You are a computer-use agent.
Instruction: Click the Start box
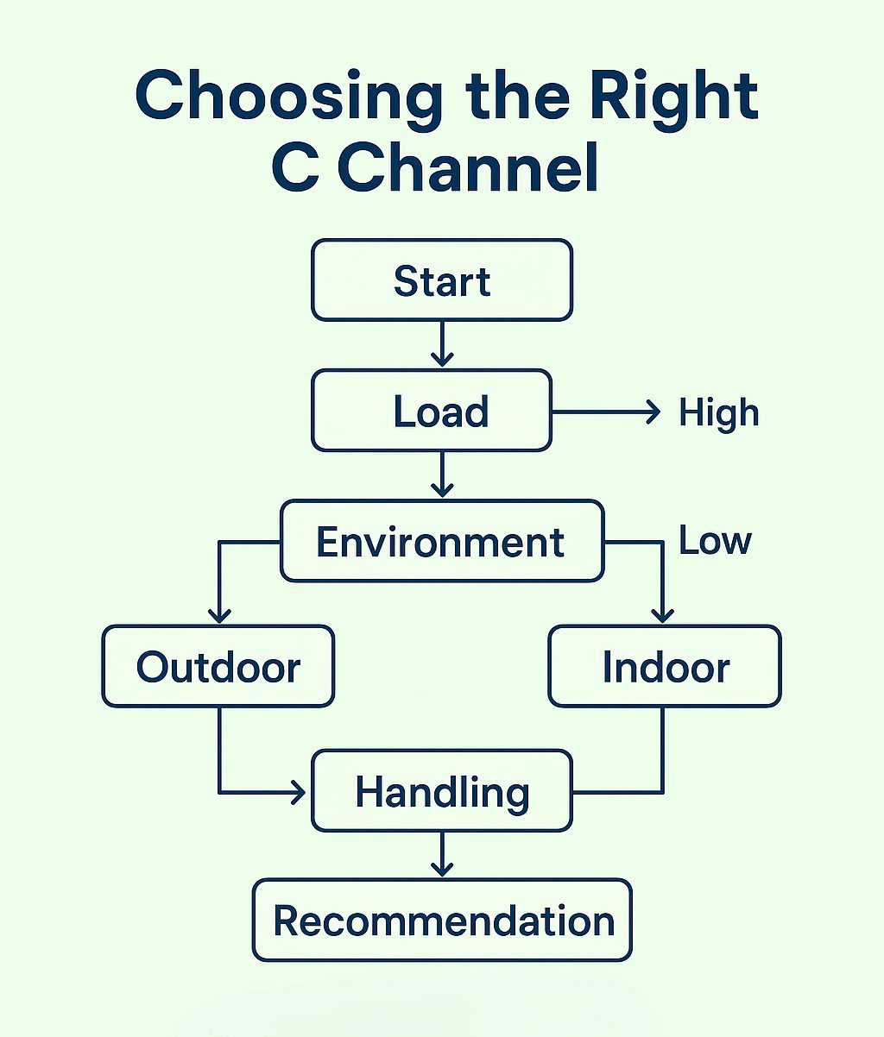pyautogui.click(x=442, y=280)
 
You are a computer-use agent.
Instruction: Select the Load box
pyautogui.click(x=432, y=411)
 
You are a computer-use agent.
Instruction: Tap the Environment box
pyautogui.click(x=442, y=541)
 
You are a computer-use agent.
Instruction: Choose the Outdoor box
pyautogui.click(x=218, y=666)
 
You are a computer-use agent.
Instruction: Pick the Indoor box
pyautogui.click(x=665, y=666)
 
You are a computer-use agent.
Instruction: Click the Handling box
pyautogui.click(x=442, y=791)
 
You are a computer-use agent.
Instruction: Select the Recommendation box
pyautogui.click(x=442, y=921)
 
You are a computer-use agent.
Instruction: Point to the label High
pyautogui.click(x=718, y=412)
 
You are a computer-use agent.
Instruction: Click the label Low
pyautogui.click(x=715, y=540)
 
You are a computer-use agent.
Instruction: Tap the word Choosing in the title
pyautogui.click(x=288, y=97)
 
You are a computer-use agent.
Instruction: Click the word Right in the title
pyautogui.click(x=673, y=97)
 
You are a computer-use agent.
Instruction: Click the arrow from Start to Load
pyautogui.click(x=442, y=343)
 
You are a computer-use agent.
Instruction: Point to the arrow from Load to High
pyautogui.click(x=606, y=412)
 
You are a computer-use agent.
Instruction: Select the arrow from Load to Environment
pyautogui.click(x=442, y=475)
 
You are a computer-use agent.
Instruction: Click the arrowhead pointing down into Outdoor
pyautogui.click(x=219, y=616)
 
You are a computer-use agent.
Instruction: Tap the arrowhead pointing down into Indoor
pyautogui.click(x=663, y=616)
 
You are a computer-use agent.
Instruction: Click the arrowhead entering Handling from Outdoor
pyautogui.click(x=300, y=793)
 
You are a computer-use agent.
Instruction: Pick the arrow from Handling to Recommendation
pyautogui.click(x=442, y=855)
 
